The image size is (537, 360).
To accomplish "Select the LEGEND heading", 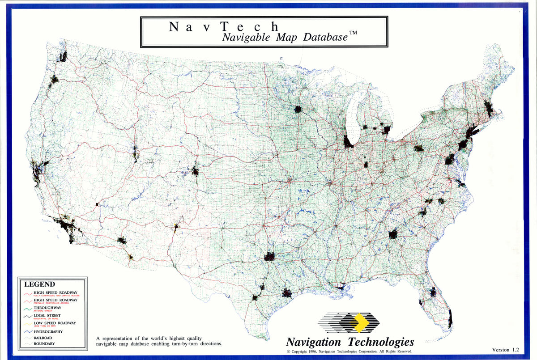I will pyautogui.click(x=39, y=284).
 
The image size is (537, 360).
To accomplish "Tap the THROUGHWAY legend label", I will pyautogui.click(x=47, y=308).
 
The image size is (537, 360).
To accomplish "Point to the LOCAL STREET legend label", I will pyautogui.click(x=49, y=315).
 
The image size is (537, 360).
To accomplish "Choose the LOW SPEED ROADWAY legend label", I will pyautogui.click(x=55, y=323).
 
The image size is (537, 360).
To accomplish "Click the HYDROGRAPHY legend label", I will pyautogui.click(x=48, y=332).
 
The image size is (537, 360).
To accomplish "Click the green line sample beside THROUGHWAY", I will pyautogui.click(x=27, y=309).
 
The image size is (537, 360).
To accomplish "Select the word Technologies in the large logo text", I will pyautogui.click(x=382, y=342).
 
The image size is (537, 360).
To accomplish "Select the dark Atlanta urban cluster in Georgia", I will pyautogui.click(x=393, y=234).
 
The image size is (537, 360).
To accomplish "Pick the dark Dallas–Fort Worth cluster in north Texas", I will pyautogui.click(x=269, y=256).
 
